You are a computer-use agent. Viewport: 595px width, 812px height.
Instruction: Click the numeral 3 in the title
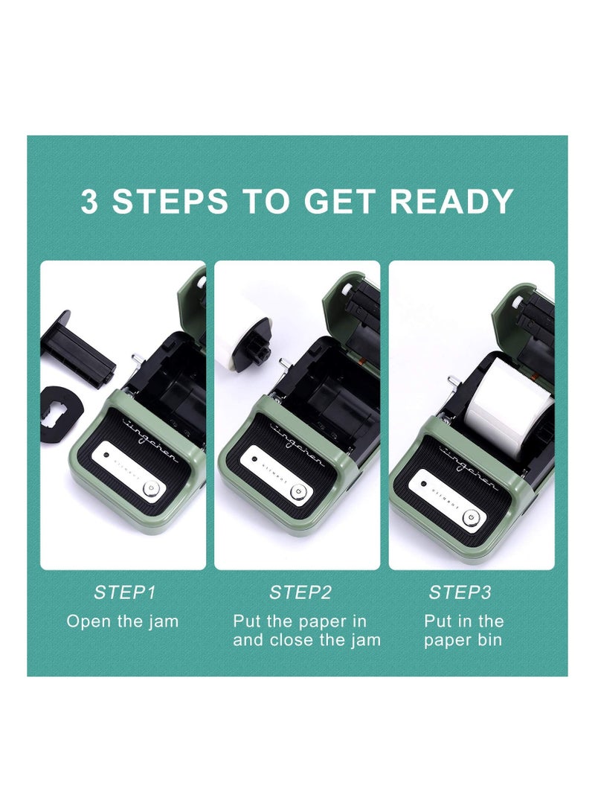(x=89, y=201)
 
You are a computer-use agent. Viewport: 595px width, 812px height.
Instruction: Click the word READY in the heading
(x=451, y=201)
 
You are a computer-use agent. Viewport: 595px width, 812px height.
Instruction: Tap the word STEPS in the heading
(x=170, y=201)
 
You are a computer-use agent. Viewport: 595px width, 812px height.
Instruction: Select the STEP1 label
(x=124, y=592)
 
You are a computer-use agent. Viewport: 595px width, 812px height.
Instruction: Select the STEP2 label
(x=300, y=592)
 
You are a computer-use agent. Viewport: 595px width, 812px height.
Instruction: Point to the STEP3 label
(x=460, y=592)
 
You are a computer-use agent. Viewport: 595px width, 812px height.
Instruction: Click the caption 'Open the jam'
(x=123, y=621)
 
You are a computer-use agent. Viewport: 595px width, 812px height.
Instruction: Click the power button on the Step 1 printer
(x=151, y=487)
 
